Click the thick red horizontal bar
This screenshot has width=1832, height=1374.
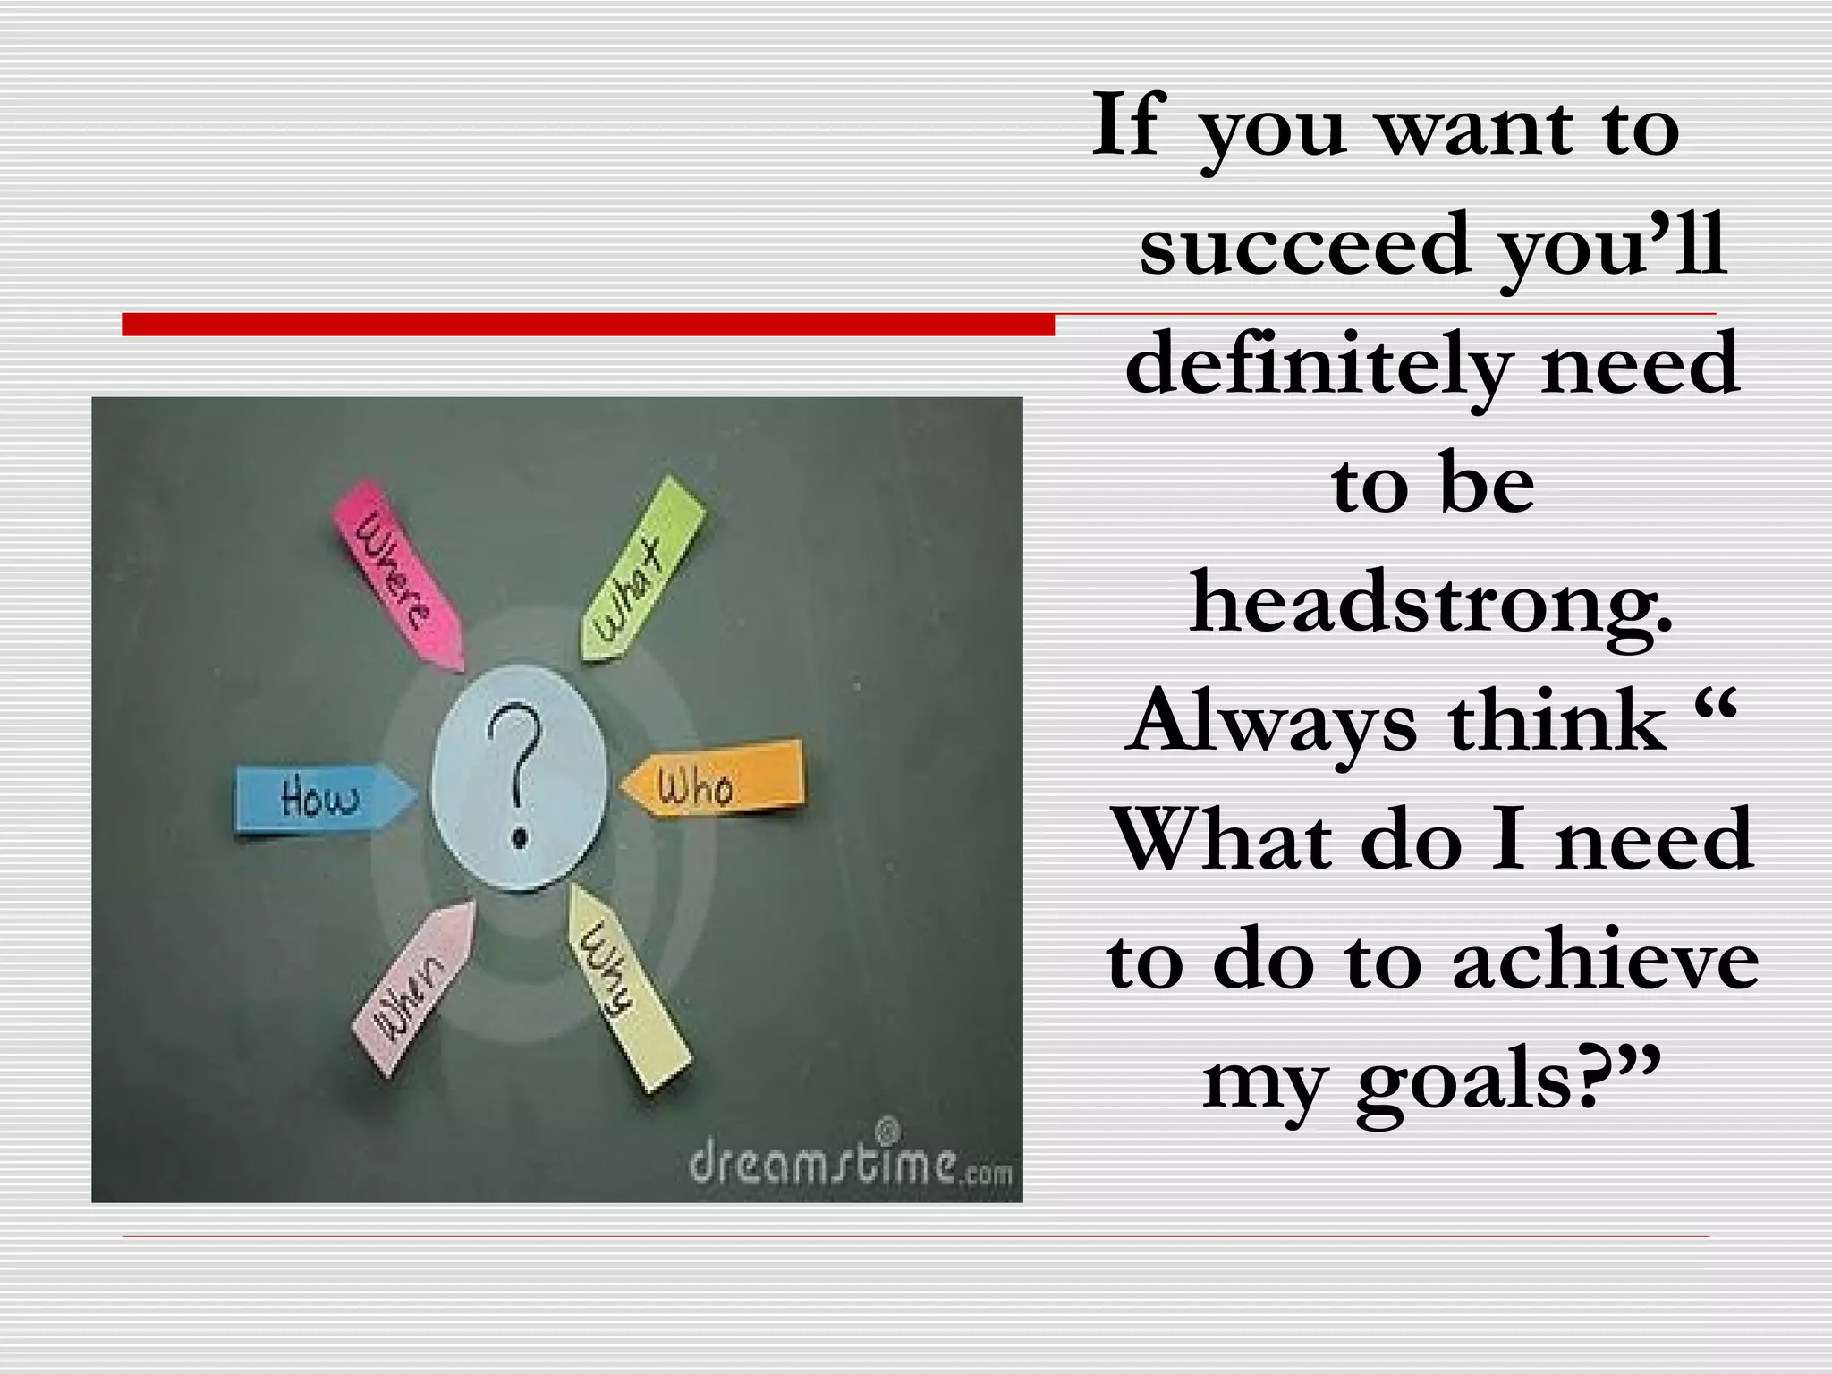[x=588, y=324]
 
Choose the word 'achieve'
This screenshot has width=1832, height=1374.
[x=1605, y=962]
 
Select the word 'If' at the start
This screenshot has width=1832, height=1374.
[x=1130, y=126]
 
